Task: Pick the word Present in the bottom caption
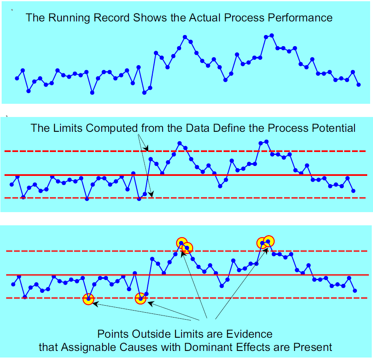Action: pos(312,347)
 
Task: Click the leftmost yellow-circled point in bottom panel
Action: pos(89,299)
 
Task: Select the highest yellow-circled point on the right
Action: pos(268,241)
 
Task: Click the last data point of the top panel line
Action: pos(359,85)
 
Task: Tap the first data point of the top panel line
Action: pos(17,78)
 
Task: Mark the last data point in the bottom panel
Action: pos(355,291)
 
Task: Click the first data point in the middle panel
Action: pos(12,185)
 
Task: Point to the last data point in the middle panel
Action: pos(353,191)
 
